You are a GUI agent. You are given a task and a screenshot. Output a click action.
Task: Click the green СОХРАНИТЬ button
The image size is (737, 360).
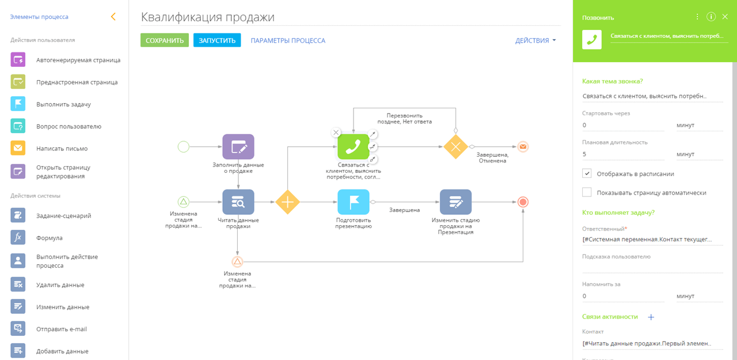pos(165,40)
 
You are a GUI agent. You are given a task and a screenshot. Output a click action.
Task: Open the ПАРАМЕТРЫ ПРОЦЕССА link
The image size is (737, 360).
pos(288,40)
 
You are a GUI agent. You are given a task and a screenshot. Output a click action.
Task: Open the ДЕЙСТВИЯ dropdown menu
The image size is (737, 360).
pos(535,40)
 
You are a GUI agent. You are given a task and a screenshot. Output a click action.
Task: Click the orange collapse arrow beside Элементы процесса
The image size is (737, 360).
pos(113,17)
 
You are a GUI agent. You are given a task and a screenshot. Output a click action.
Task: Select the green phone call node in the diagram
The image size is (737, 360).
pos(353,147)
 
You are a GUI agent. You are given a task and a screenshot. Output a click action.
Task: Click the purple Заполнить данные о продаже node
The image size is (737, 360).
pos(238,147)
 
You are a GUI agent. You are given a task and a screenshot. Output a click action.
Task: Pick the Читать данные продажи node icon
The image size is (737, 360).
pos(238,202)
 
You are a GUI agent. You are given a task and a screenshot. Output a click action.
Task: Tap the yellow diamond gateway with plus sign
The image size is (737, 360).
pos(287,202)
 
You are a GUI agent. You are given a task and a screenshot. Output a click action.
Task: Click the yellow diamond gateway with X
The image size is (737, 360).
pos(455,147)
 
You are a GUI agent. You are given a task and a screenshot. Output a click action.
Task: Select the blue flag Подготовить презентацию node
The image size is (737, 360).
pos(354,202)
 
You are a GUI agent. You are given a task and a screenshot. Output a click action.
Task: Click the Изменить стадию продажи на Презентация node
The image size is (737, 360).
pos(455,202)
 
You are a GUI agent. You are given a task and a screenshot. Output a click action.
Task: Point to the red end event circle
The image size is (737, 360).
pos(523,202)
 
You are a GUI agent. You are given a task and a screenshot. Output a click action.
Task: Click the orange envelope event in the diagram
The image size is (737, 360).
pos(523,147)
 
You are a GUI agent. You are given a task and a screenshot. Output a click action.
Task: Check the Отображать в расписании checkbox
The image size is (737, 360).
pos(587,173)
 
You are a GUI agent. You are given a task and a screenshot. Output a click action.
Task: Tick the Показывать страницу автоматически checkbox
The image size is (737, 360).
pos(587,192)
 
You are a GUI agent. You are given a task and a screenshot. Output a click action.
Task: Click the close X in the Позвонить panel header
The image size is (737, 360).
pos(725,17)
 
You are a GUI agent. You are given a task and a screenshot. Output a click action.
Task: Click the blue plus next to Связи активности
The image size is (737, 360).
pos(651,317)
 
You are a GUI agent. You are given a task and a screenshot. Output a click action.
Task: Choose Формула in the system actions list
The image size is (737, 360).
pos(50,237)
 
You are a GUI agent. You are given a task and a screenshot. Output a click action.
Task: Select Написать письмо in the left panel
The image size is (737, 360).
pos(62,149)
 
